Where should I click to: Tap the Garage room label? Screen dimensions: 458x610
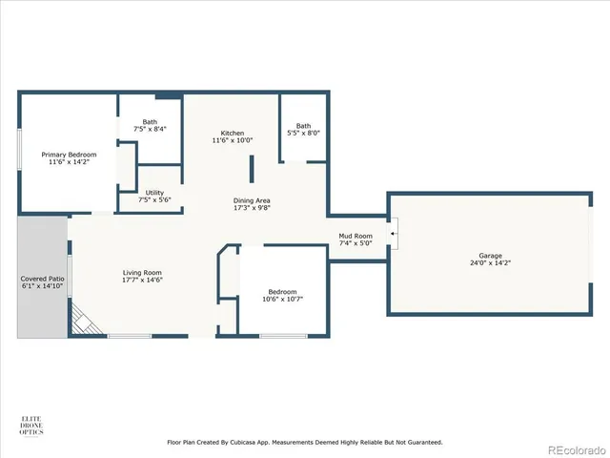[490, 257]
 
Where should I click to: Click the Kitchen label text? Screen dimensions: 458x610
[233, 133]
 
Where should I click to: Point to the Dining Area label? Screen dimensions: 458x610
[253, 199]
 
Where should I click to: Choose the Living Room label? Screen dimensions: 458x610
[141, 272]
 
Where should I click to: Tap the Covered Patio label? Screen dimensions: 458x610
[42, 279]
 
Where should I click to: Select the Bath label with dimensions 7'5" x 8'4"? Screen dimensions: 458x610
[151, 121]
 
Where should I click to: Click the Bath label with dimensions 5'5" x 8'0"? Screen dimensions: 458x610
[303, 125]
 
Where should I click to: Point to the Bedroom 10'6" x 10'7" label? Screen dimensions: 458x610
[282, 292]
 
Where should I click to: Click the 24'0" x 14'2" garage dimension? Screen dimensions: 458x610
[490, 263]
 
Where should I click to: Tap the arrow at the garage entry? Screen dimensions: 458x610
[392, 232]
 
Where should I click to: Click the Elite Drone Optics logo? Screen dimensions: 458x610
[31, 427]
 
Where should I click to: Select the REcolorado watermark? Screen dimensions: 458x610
[572, 446]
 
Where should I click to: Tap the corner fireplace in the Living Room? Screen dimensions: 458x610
[88, 323]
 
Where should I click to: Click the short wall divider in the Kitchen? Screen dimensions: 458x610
[252, 169]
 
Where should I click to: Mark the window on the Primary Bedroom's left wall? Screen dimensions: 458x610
[19, 151]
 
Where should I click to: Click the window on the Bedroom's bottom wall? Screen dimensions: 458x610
[283, 335]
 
